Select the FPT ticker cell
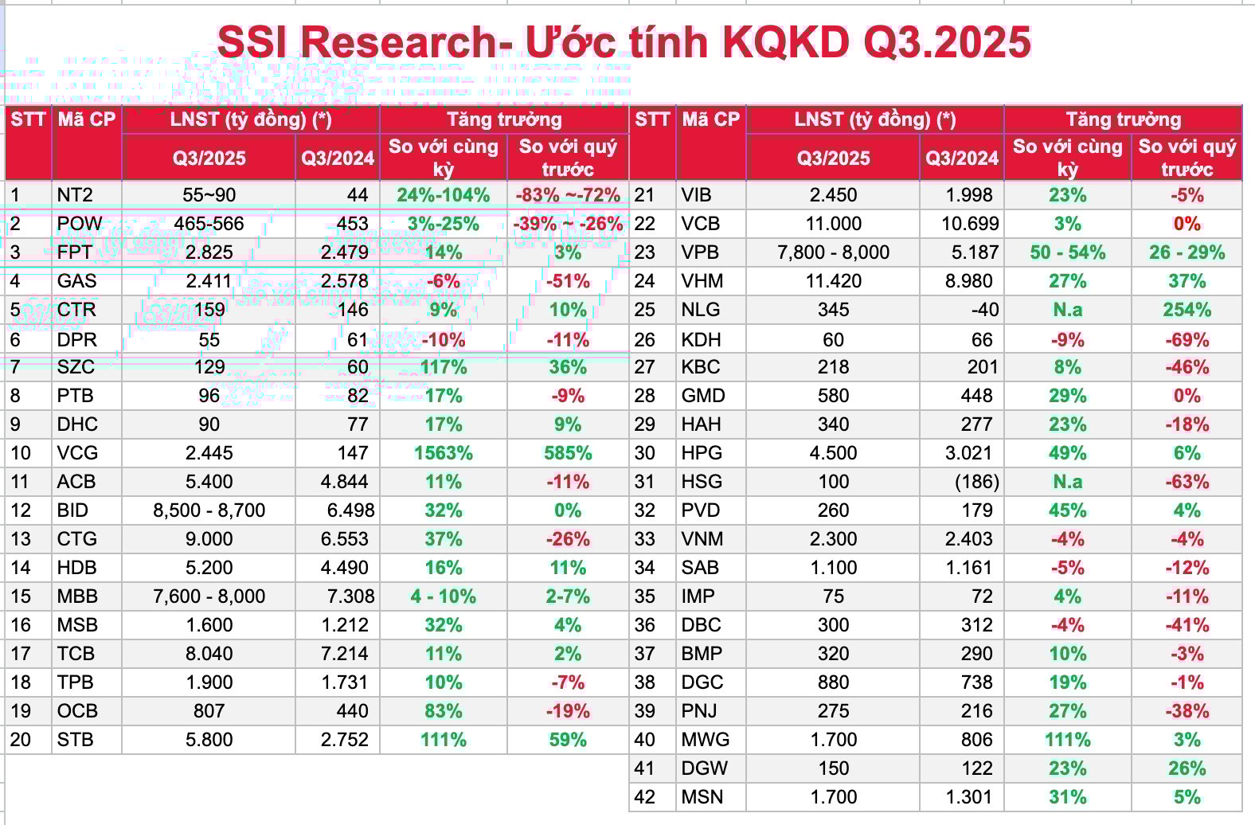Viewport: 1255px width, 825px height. click(x=74, y=252)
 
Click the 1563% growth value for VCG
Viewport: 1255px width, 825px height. click(x=444, y=453)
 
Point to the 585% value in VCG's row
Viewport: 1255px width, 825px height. click(x=568, y=453)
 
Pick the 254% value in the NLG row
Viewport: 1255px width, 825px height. click(x=1187, y=310)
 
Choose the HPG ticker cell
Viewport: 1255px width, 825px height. click(x=702, y=453)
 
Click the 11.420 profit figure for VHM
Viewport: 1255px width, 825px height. click(x=833, y=281)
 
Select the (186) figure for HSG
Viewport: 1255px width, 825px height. click(x=976, y=482)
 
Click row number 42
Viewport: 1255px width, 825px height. click(x=644, y=797)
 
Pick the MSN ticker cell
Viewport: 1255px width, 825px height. click(x=702, y=797)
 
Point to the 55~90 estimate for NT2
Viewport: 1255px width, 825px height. click(x=209, y=195)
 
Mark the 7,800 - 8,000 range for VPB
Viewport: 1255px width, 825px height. click(x=833, y=252)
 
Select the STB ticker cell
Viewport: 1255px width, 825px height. click(x=75, y=740)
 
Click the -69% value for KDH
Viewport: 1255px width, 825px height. click(x=1187, y=340)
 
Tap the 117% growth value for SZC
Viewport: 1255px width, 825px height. click(x=444, y=367)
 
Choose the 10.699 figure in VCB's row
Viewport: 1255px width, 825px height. click(x=969, y=224)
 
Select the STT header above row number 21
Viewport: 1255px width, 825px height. click(x=651, y=120)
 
